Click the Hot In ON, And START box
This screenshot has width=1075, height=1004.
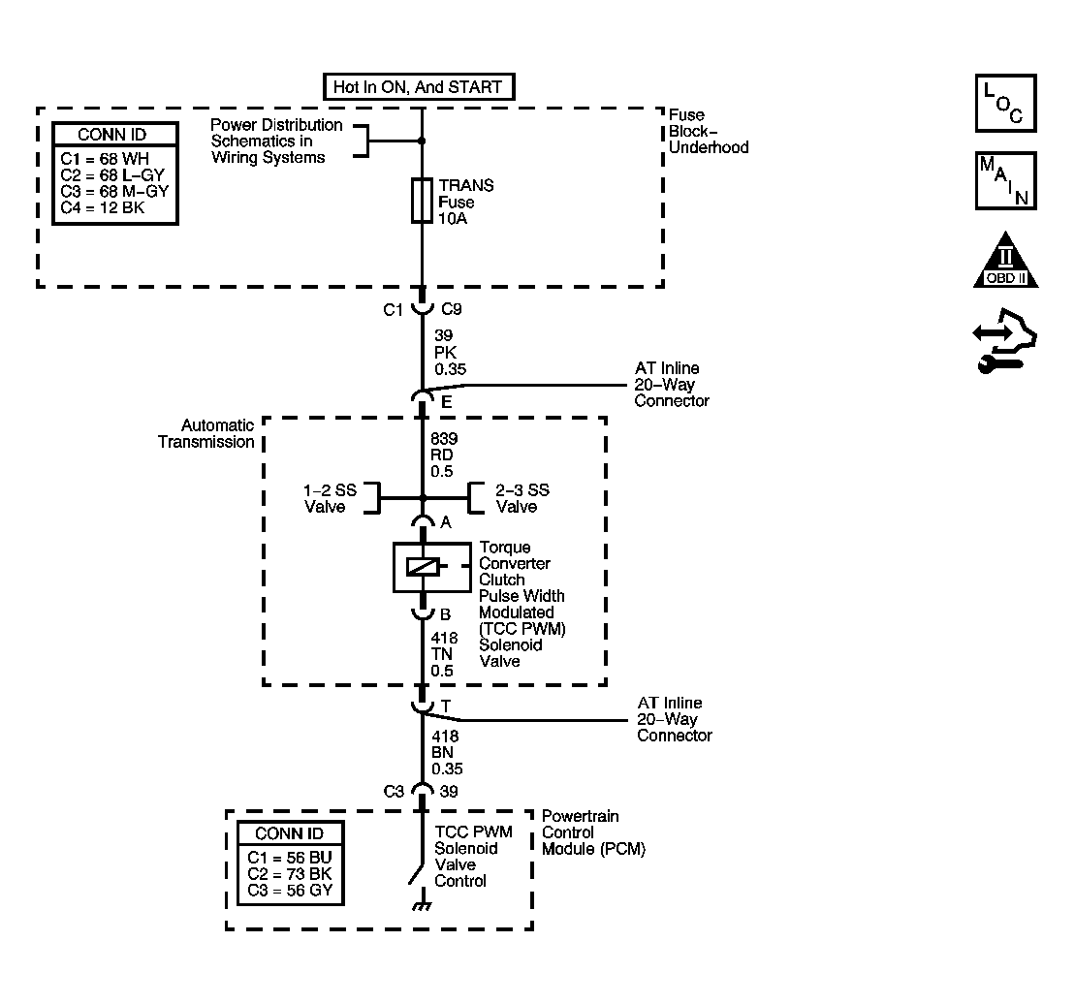pyautogui.click(x=419, y=87)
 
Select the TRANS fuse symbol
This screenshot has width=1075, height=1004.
pyautogui.click(x=422, y=201)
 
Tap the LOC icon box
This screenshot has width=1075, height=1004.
pyautogui.click(x=1006, y=103)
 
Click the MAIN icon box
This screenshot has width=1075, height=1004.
pyautogui.click(x=1006, y=181)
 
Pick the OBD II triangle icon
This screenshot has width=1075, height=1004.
pyautogui.click(x=1006, y=261)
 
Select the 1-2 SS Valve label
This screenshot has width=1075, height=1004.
pyautogui.click(x=330, y=498)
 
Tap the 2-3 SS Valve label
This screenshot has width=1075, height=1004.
pyautogui.click(x=522, y=498)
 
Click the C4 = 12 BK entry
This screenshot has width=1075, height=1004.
pyautogui.click(x=102, y=207)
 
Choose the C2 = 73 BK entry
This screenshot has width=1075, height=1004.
pyautogui.click(x=289, y=874)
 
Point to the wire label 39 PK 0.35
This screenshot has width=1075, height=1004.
pyautogui.click(x=450, y=352)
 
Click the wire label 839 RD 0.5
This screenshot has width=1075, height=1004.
pyautogui.click(x=444, y=455)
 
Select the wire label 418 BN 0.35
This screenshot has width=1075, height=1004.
pyautogui.click(x=447, y=752)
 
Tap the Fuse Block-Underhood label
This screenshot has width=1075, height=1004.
pyautogui.click(x=709, y=131)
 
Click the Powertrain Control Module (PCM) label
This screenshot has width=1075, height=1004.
pyautogui.click(x=593, y=832)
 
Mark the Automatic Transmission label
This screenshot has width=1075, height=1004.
pyautogui.click(x=206, y=434)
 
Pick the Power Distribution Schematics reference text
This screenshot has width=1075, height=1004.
pyautogui.click(x=276, y=141)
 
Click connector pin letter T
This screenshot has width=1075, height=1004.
pyautogui.click(x=446, y=706)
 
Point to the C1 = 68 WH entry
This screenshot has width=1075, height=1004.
pyautogui.click(x=105, y=158)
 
